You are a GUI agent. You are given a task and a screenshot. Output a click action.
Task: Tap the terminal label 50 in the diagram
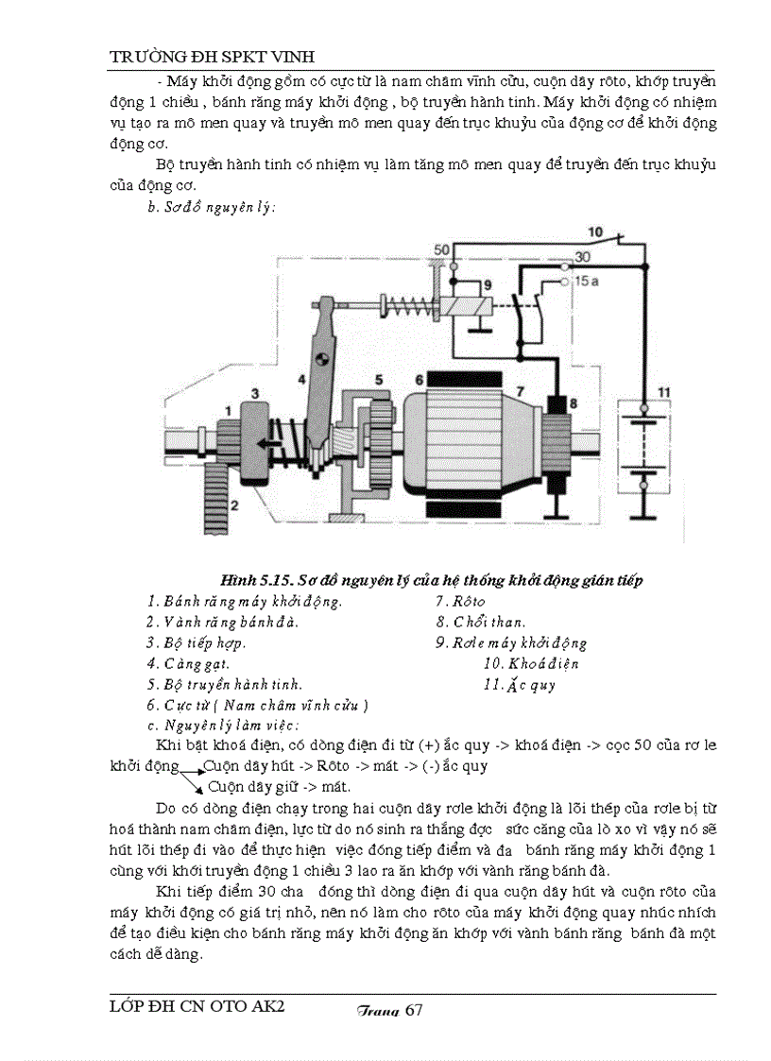(440, 248)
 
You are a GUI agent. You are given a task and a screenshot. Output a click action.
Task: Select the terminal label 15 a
(586, 282)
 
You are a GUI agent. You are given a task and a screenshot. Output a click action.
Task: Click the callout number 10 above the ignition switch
(595, 231)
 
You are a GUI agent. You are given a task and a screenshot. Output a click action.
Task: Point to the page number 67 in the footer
(413, 1010)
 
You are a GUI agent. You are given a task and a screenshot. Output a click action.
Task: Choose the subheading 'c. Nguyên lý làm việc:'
(222, 726)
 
